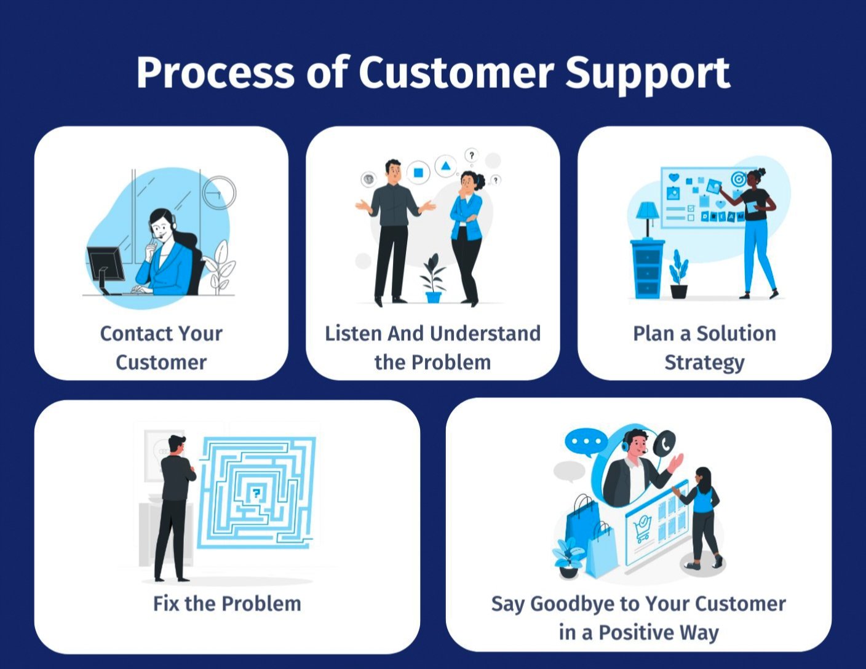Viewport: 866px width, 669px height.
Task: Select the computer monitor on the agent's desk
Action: [x=105, y=265]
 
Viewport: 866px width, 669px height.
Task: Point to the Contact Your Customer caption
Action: [x=161, y=347]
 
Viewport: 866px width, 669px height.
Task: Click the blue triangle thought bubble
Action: [x=445, y=166]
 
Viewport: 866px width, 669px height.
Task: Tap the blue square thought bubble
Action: [x=418, y=172]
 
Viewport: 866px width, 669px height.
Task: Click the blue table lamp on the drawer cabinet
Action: [x=647, y=215]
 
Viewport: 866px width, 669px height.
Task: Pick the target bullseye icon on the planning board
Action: [x=738, y=180]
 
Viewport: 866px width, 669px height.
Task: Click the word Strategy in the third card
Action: [x=704, y=362]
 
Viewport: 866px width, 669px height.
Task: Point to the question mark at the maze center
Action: [x=256, y=492]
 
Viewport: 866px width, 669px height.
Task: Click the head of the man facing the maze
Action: [x=177, y=445]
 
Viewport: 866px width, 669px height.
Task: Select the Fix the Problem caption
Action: [x=227, y=603]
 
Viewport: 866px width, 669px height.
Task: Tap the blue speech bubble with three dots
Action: [x=586, y=442]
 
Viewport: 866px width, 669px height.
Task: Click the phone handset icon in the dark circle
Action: [x=664, y=443]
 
